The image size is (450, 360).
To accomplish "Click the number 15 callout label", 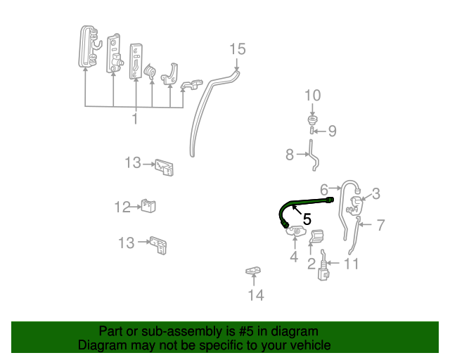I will [x=238, y=49].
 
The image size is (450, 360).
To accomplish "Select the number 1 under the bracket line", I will [x=134, y=118].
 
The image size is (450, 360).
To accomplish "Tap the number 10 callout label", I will [x=312, y=96].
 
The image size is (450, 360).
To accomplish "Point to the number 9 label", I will [x=333, y=131].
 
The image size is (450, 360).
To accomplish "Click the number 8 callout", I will [x=290, y=155].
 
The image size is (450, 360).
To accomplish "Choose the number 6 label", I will [x=324, y=189].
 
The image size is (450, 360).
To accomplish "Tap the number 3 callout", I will [x=376, y=193].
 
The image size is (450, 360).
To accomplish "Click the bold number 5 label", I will [x=307, y=219].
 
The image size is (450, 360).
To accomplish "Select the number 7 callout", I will [x=380, y=226].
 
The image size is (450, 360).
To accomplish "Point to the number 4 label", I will [x=294, y=257].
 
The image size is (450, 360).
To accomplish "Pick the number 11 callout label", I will [x=352, y=264].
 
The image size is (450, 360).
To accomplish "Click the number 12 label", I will [x=123, y=207].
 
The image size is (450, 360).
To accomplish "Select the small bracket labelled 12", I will [x=148, y=205].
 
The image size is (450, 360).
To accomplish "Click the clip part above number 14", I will [x=253, y=271].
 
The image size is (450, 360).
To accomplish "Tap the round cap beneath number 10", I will [x=312, y=117].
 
